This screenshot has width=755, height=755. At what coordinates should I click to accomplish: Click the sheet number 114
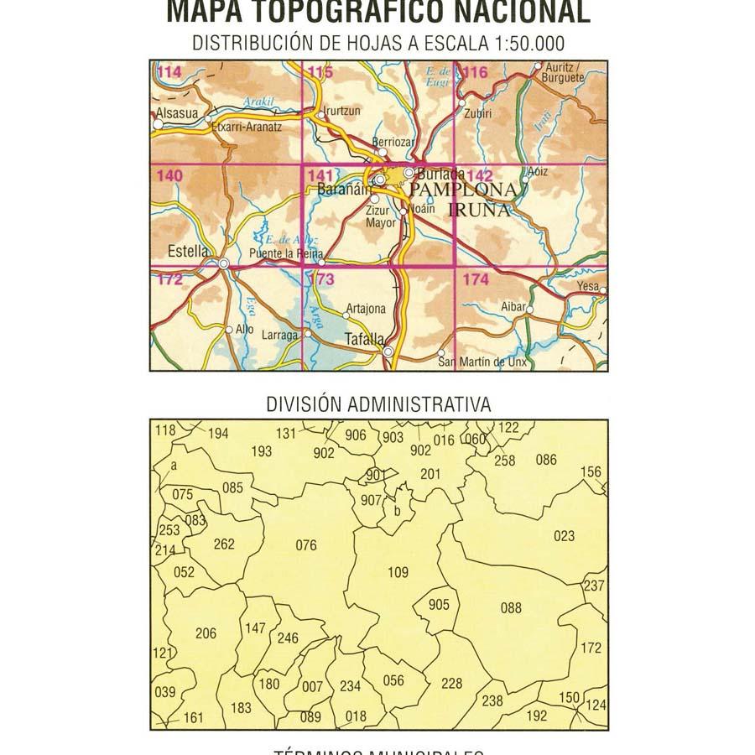[168, 72]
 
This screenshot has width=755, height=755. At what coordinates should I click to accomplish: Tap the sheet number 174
[475, 280]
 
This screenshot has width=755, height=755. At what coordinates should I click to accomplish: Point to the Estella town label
[188, 250]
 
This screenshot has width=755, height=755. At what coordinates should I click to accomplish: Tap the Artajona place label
[366, 309]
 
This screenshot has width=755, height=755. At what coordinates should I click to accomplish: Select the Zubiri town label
[476, 113]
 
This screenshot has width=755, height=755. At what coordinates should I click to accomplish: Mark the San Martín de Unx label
[482, 362]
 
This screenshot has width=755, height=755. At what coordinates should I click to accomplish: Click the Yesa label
[588, 287]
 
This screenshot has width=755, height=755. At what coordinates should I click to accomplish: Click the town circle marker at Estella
[224, 265]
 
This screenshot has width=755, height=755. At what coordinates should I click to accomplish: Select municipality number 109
[398, 573]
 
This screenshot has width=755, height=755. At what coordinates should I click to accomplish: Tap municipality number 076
[307, 546]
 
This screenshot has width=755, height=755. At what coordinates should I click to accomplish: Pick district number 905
[439, 605]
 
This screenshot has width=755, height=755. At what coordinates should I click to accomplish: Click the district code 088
[511, 608]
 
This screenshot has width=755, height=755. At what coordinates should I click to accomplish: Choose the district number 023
[565, 536]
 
